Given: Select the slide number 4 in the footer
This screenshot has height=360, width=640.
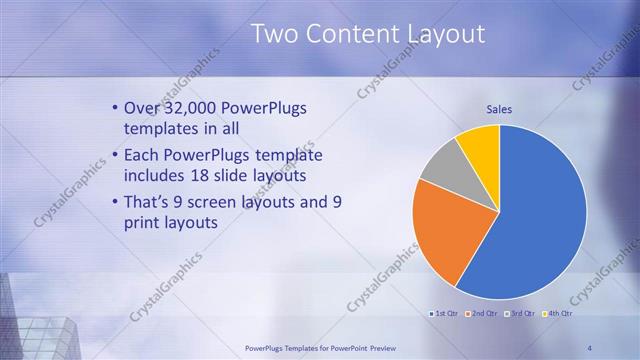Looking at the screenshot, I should coord(590,347).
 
